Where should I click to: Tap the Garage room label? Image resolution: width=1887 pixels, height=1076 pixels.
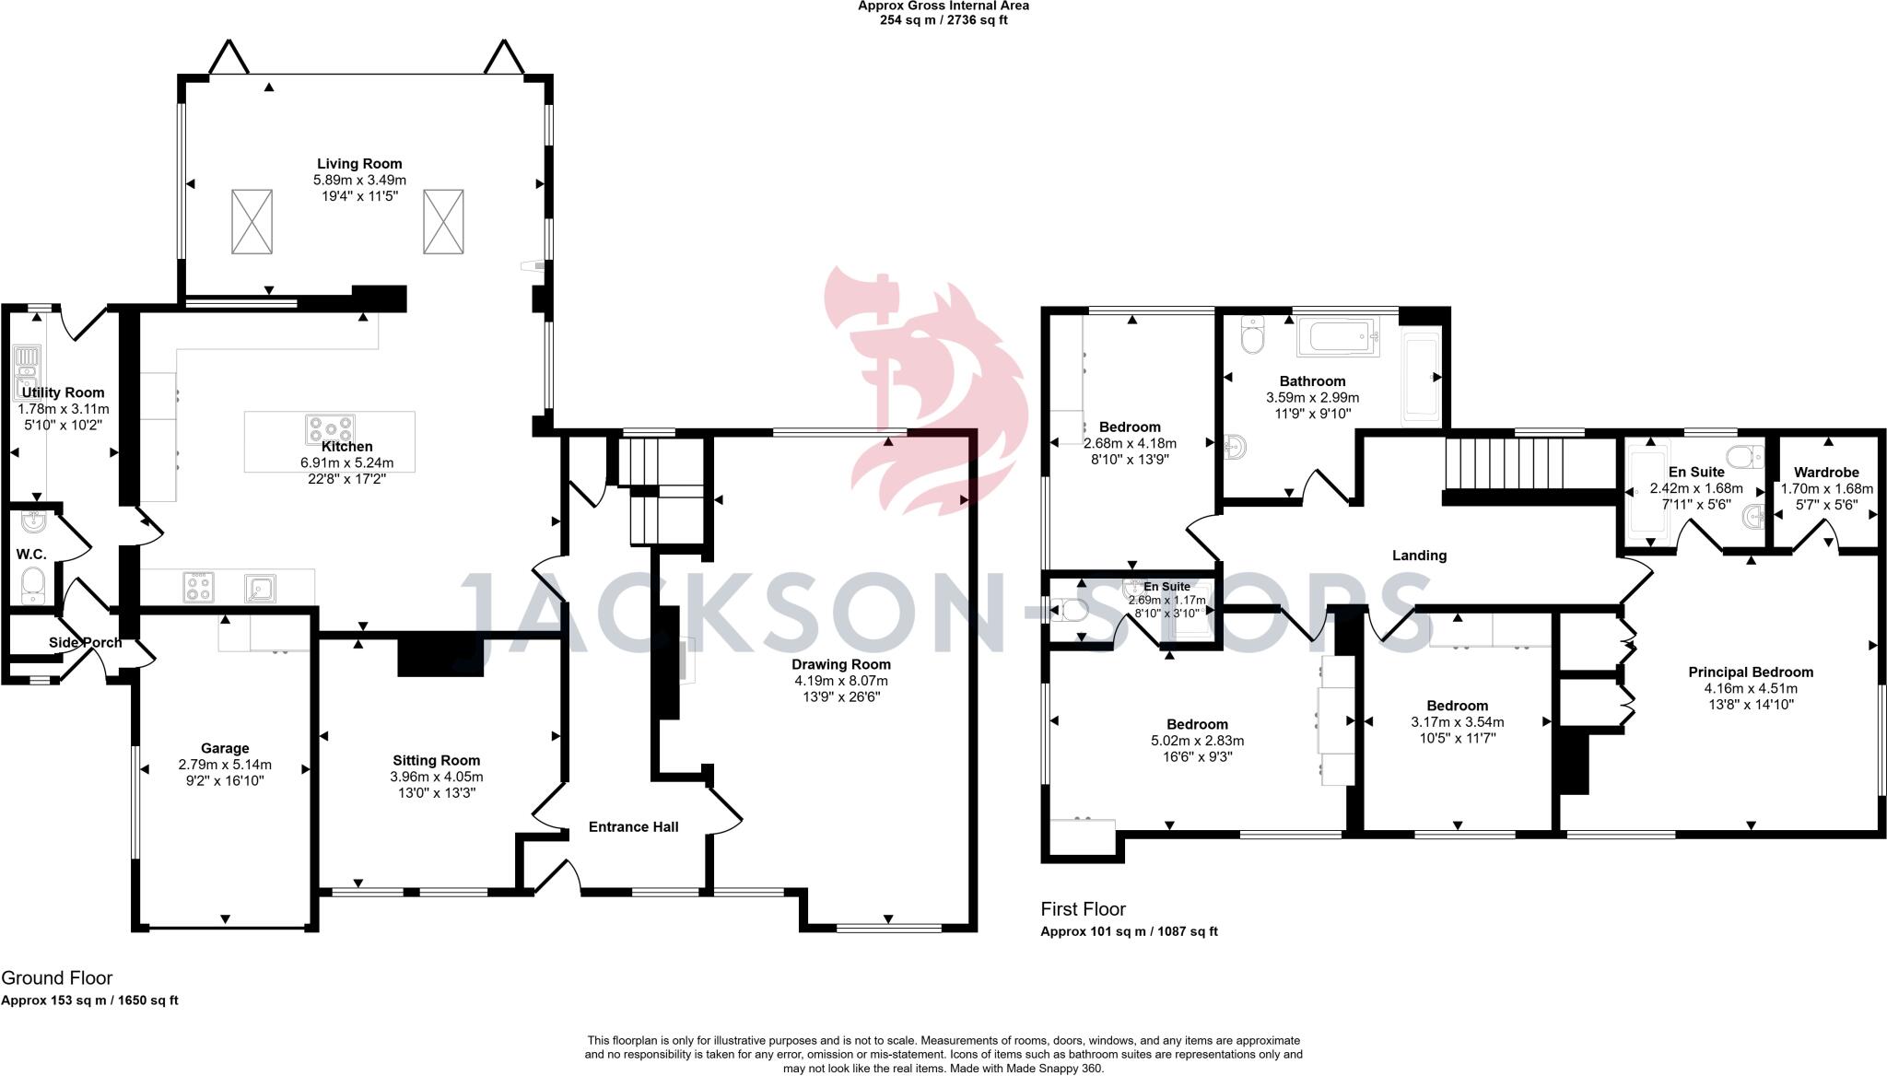tap(225, 748)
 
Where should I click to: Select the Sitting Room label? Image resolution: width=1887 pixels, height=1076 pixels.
tap(436, 760)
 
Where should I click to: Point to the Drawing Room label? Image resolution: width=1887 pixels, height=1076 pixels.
tap(841, 664)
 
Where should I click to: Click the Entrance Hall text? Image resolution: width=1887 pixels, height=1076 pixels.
tap(633, 826)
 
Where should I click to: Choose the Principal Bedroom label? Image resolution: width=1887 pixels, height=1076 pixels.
tap(1751, 672)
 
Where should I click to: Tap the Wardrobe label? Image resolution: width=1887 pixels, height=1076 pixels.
tap(1826, 473)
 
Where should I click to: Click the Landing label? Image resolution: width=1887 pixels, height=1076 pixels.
tap(1419, 556)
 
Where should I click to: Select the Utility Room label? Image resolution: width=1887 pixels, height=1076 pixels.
tap(63, 392)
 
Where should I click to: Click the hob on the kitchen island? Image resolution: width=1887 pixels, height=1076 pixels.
tap(330, 430)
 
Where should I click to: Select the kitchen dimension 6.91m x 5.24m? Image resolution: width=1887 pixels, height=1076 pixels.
tap(346, 462)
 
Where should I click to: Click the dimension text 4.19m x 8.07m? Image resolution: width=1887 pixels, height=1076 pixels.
tap(841, 681)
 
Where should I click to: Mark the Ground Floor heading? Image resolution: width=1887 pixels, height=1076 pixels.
tap(57, 977)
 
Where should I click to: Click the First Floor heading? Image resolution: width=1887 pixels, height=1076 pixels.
tap(1083, 909)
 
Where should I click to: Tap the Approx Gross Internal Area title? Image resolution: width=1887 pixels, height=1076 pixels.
tap(943, 6)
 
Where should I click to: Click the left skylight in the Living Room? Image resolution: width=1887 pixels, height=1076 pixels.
tap(252, 221)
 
